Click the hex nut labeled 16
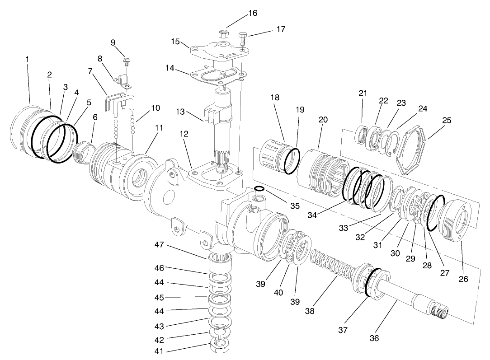pos(222,34)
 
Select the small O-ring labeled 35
pos(259,188)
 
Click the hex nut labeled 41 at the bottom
pos(220,347)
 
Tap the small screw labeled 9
pos(127,61)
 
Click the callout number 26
pos(463,279)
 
